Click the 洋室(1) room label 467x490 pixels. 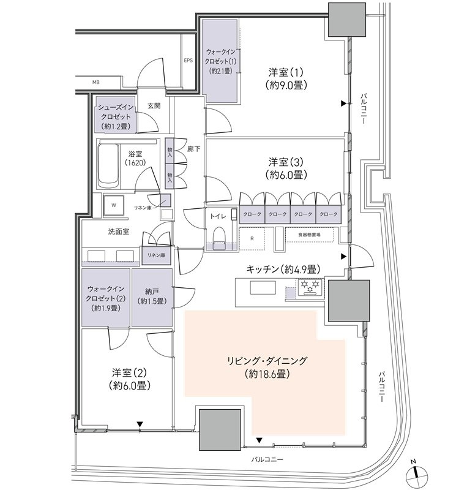coord(285,72)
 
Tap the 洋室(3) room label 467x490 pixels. coord(285,162)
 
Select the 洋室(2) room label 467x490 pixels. coord(129,373)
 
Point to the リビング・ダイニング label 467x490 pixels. coord(267,361)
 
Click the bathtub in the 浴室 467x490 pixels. coord(108,165)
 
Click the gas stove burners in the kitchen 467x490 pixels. coord(310,287)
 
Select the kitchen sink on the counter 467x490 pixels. coord(263,287)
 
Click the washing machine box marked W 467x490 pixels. coord(114,205)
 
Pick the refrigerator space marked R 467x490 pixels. coord(252,238)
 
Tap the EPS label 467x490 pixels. coord(188,60)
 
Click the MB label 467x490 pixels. coord(96,83)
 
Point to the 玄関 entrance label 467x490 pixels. coord(154,106)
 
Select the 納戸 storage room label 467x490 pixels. coord(152,292)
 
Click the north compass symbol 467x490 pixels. coord(416,476)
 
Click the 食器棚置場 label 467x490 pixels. coord(309,235)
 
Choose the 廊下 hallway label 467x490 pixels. coord(193,149)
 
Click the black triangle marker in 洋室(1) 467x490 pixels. coord(343,104)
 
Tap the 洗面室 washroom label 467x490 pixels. coord(119,232)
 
